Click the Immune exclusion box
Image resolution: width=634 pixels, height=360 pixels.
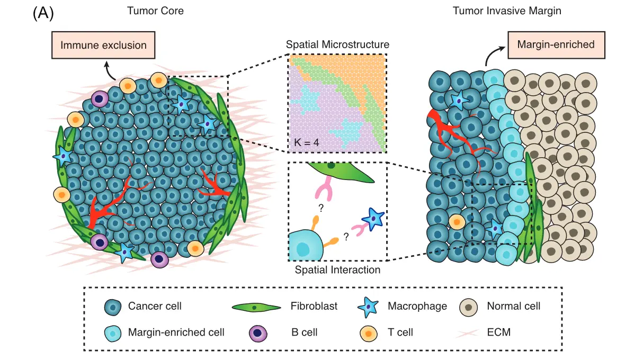click(x=103, y=45)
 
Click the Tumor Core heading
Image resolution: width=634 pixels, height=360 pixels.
click(x=155, y=11)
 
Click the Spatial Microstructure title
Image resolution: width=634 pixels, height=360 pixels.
click(x=337, y=44)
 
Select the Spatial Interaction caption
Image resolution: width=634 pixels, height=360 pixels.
click(x=337, y=270)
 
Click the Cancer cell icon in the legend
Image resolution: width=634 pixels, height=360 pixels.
click(x=113, y=307)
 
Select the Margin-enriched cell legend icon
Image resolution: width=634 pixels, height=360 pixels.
click(x=113, y=332)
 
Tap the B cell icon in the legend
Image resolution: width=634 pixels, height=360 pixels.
click(x=257, y=333)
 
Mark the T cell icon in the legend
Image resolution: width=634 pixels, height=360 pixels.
click(x=368, y=333)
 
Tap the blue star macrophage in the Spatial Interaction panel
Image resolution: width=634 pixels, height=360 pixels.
click(x=373, y=218)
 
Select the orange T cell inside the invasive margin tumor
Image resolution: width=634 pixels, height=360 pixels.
click(x=457, y=221)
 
